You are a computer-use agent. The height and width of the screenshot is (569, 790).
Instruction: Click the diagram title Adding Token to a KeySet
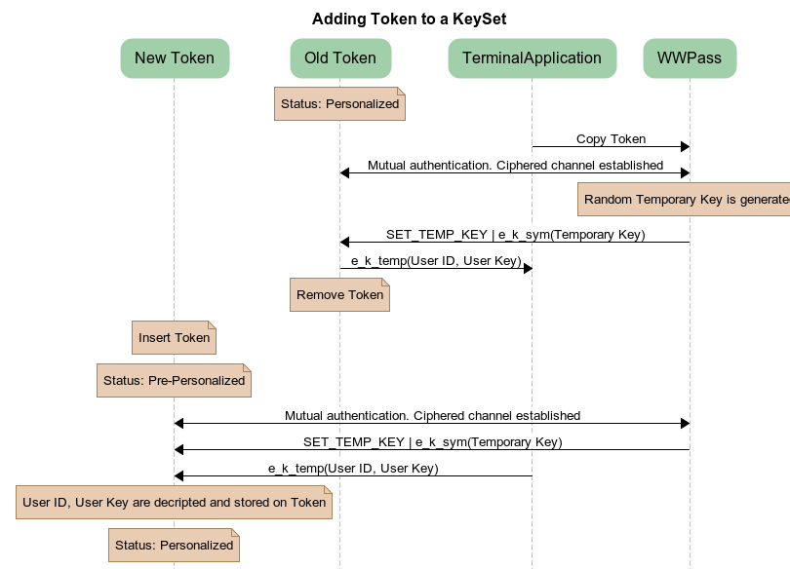click(409, 19)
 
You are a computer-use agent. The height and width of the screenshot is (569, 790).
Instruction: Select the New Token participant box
click(175, 57)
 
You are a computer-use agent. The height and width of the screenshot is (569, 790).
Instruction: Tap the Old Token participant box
click(339, 57)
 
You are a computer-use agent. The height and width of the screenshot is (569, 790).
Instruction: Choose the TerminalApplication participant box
click(532, 57)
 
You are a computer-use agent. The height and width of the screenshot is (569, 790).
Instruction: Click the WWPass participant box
click(690, 57)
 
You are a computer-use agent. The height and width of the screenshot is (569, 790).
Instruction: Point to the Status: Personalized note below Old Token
click(339, 103)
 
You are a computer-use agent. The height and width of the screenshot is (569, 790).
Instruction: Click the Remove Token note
click(339, 295)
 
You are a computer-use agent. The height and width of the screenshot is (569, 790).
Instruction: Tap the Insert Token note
click(174, 338)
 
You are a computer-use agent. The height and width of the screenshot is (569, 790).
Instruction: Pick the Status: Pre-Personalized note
click(174, 381)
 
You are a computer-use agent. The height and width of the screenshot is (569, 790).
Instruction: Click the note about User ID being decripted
click(174, 503)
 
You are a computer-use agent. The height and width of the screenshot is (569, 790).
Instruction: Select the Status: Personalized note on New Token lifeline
click(174, 546)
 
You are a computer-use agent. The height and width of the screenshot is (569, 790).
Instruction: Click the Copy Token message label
click(611, 139)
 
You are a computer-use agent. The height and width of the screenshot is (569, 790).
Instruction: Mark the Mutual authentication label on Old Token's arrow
click(515, 166)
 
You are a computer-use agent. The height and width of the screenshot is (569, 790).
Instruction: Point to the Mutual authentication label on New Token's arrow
click(432, 416)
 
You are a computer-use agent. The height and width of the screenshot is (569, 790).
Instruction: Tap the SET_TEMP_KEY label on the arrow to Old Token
click(515, 235)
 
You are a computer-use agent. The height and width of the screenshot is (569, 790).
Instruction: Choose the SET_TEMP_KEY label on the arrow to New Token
click(432, 442)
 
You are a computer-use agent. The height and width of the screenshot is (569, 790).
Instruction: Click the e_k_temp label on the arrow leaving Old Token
click(436, 261)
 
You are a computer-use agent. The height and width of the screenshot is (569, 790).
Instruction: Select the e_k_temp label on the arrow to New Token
click(353, 469)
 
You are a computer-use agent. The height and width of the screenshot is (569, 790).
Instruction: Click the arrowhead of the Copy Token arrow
click(685, 146)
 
